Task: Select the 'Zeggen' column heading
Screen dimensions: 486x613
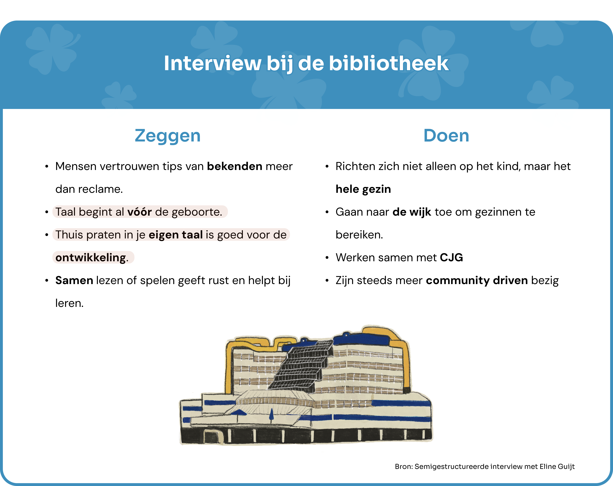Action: pos(168,136)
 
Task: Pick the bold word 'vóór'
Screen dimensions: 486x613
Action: pos(140,212)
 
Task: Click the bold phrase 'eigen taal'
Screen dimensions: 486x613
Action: pos(176,235)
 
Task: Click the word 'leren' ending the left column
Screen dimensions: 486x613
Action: pos(69,303)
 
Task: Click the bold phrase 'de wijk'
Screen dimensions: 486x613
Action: pos(412,212)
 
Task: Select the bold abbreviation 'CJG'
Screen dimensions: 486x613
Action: pos(451,258)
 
